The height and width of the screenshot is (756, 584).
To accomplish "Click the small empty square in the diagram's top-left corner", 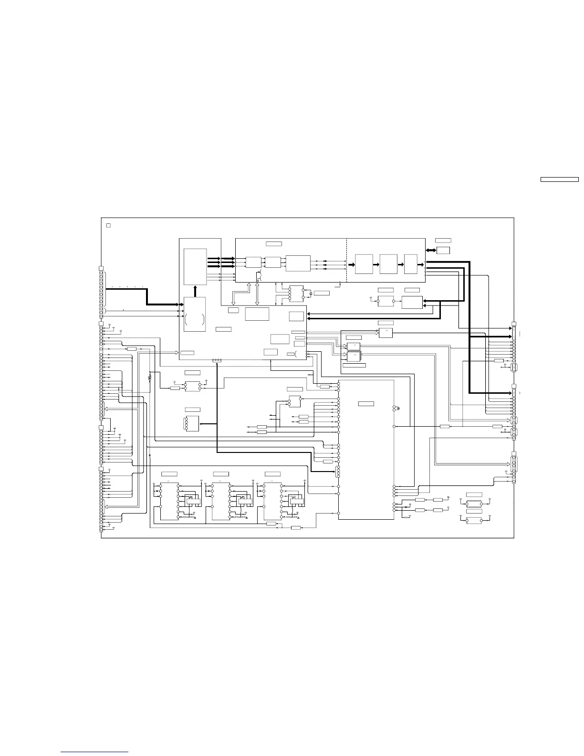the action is click(x=108, y=225).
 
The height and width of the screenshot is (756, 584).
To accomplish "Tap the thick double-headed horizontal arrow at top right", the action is click(x=430, y=250).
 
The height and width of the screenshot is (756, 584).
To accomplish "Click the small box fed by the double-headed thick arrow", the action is click(x=443, y=250).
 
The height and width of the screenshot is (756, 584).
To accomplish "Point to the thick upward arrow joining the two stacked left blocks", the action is click(x=195, y=291).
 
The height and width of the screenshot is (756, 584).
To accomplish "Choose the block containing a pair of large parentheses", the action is click(x=195, y=315).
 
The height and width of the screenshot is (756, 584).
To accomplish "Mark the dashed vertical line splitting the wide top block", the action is click(x=346, y=260).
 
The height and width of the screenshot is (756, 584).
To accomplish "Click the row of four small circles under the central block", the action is click(x=217, y=361).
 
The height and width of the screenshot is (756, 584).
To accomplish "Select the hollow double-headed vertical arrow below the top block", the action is click(x=258, y=293).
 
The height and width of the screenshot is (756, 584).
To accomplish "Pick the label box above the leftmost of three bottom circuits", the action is click(x=169, y=473).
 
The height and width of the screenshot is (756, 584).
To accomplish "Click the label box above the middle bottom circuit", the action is click(x=221, y=473).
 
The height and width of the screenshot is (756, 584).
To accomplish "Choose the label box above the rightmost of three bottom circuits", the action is click(x=272, y=473).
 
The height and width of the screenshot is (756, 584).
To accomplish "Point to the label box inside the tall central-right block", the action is click(x=366, y=404).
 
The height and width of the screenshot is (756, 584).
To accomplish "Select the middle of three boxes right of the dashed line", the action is click(x=388, y=264).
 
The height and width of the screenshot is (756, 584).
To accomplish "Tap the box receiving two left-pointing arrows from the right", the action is click(x=412, y=302).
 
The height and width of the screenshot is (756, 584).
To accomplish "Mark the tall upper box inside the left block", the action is click(x=195, y=266).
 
